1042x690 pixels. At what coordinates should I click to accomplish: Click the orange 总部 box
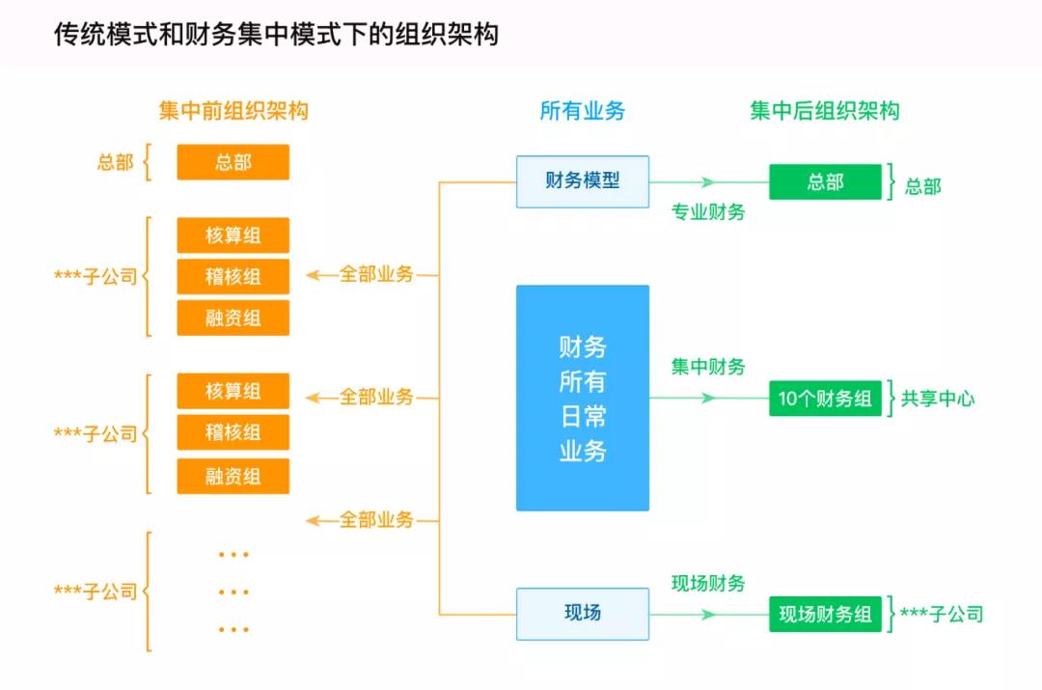[x=233, y=162]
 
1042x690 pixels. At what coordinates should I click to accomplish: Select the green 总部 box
[x=825, y=181]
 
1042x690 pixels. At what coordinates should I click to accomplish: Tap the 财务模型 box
[x=582, y=180]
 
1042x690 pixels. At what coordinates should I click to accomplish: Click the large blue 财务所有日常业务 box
[x=582, y=398]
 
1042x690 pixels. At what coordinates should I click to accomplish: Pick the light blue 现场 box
[x=582, y=613]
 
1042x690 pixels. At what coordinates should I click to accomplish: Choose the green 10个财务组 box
[x=825, y=399]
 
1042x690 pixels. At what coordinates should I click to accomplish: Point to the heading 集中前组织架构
[x=233, y=111]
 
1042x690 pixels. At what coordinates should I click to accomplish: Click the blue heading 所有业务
[x=582, y=111]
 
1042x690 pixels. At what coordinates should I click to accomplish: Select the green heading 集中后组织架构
[x=825, y=111]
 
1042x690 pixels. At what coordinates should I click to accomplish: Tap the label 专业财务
[x=708, y=212]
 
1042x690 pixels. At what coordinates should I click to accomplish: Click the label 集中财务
[x=708, y=367]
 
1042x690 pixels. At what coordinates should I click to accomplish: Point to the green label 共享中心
[x=938, y=399]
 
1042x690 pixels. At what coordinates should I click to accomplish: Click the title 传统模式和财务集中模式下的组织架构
[x=276, y=36]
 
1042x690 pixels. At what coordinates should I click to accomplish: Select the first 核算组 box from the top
[x=233, y=235]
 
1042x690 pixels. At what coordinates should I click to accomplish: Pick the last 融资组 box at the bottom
[x=233, y=477]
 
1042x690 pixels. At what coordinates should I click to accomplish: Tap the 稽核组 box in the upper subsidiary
[x=233, y=277]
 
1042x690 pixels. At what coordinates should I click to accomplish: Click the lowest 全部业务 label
[x=375, y=520]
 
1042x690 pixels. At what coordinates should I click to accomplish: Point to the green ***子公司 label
[x=941, y=614]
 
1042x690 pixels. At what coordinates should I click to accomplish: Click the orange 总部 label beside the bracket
[x=115, y=162]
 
